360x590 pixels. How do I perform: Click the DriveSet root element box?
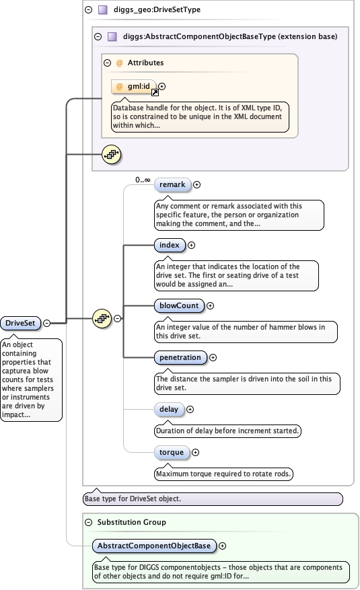click(x=20, y=323)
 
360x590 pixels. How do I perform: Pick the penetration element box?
click(x=180, y=357)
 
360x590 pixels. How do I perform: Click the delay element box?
click(x=167, y=409)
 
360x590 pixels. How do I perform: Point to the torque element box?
click(x=170, y=452)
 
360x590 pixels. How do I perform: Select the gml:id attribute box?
click(x=134, y=87)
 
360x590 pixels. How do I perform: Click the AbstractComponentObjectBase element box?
click(x=153, y=545)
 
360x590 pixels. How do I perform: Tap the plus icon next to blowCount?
click(x=210, y=305)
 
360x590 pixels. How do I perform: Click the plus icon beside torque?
click(x=196, y=452)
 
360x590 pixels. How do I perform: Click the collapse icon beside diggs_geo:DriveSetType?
click(x=89, y=10)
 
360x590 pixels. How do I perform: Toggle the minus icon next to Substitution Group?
click(x=89, y=522)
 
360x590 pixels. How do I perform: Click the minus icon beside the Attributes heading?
click(x=108, y=63)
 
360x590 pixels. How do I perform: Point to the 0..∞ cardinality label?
click(x=142, y=180)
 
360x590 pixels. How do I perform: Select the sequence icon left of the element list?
click(x=101, y=318)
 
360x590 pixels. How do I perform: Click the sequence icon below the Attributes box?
click(x=110, y=155)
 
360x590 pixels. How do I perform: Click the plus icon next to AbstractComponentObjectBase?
click(x=223, y=545)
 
